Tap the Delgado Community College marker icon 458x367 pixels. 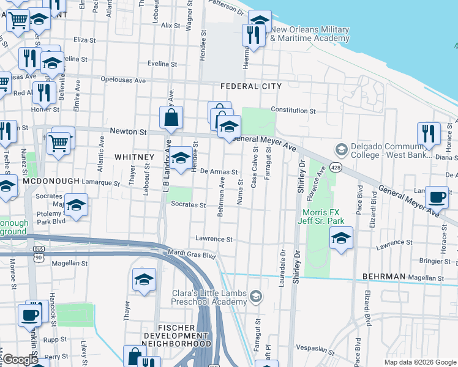click(x=340, y=149)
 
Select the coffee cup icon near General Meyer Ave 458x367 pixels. click(x=437, y=198)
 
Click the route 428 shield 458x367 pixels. click(x=337, y=167)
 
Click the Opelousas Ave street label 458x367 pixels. click(x=123, y=80)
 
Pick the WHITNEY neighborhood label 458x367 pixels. click(x=134, y=157)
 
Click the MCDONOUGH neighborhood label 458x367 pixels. click(x=51, y=182)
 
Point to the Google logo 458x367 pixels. click(x=20, y=360)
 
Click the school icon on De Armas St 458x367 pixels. click(x=180, y=158)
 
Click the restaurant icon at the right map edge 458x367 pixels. click(x=429, y=133)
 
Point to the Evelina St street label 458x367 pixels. click(x=162, y=64)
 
